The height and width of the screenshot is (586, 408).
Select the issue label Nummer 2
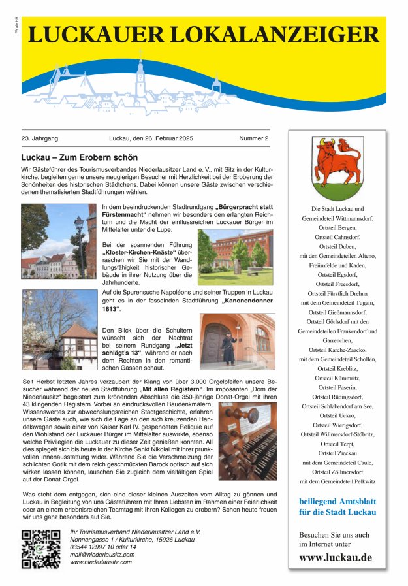pyautogui.click(x=253, y=138)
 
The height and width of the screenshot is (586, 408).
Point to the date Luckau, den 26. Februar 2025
pyautogui.click(x=151, y=138)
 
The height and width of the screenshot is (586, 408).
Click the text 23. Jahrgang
pyautogui.click(x=40, y=138)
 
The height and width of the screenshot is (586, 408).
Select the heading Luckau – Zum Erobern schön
pyautogui.click(x=80, y=158)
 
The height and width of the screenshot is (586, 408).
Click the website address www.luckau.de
pyautogui.click(x=336, y=557)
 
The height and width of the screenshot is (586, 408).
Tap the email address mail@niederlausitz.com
pyautogui.click(x=102, y=554)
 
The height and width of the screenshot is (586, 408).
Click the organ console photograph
pyautogui.click(x=247, y=441)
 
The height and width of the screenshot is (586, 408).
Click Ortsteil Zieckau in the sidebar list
pyautogui.click(x=337, y=453)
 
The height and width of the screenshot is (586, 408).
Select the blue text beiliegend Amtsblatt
pyautogui.click(x=337, y=502)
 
